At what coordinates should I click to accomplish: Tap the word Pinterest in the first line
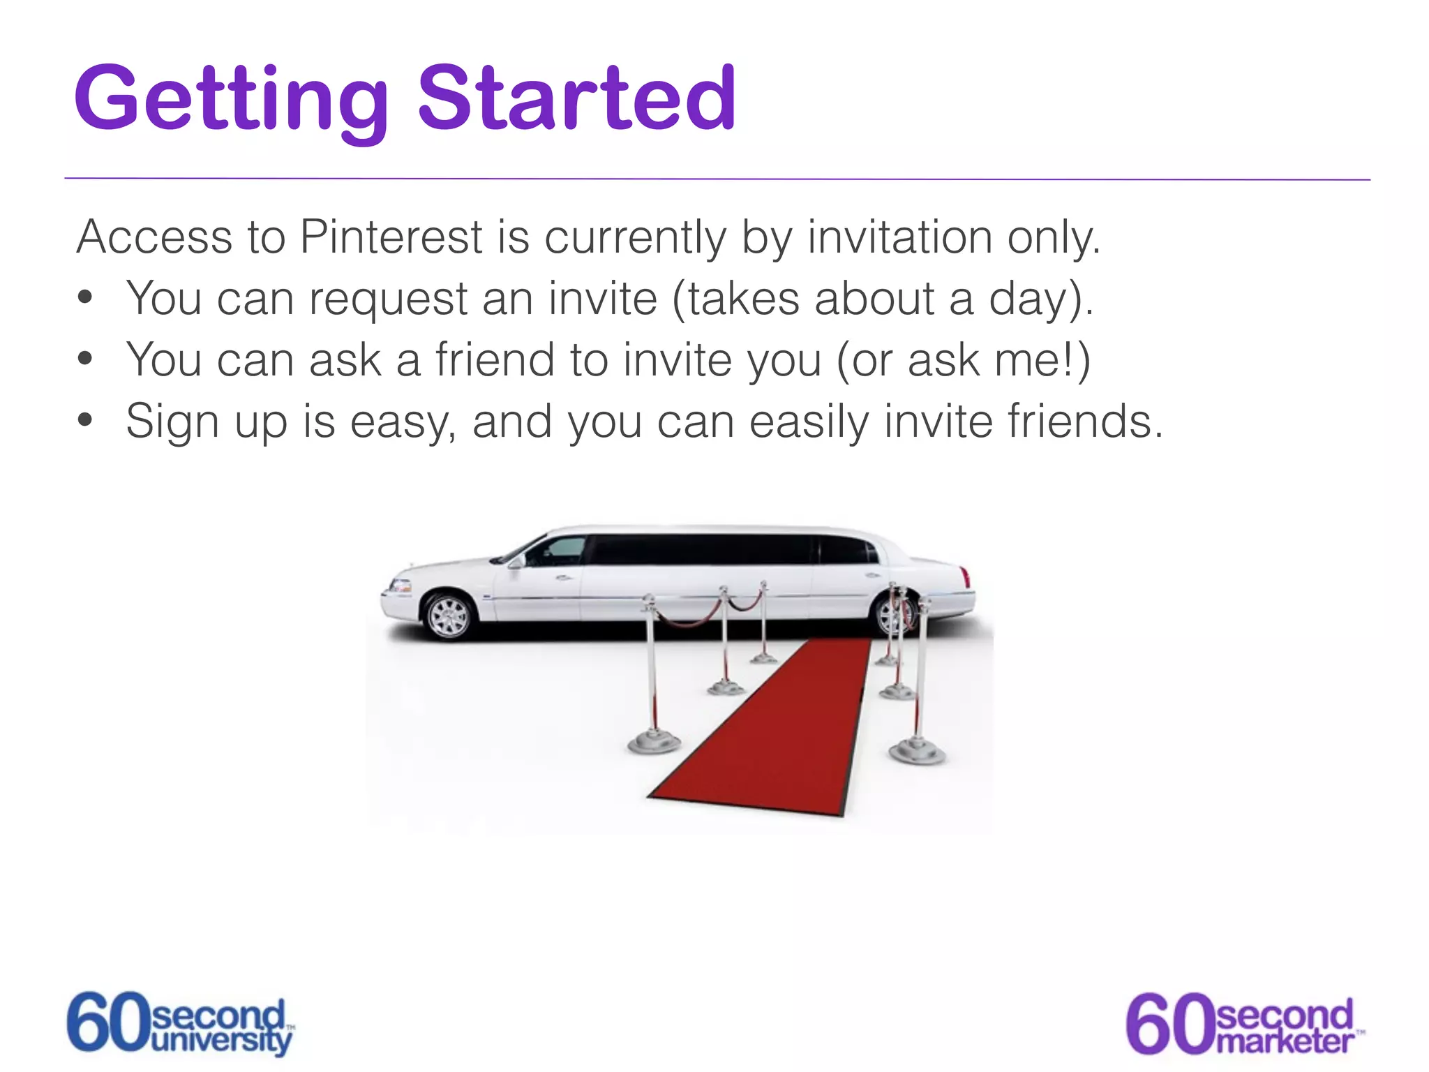pos(391,237)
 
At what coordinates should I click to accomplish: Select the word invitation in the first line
pos(899,237)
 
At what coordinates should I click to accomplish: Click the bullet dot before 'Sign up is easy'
pos(85,421)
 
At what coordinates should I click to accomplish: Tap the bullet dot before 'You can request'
pos(85,298)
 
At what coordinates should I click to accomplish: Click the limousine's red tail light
pos(966,577)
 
